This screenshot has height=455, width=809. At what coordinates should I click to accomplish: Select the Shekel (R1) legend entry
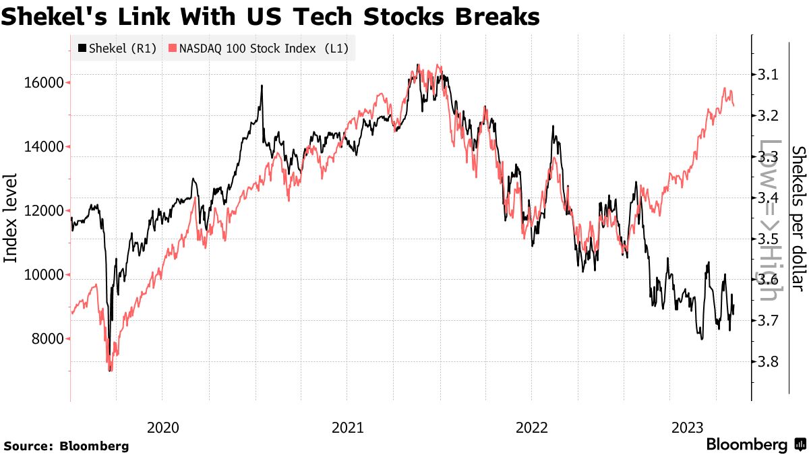tap(116, 48)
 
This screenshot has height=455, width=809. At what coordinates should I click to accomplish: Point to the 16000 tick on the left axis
tap(44, 83)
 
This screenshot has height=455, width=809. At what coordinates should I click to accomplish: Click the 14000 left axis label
tap(44, 147)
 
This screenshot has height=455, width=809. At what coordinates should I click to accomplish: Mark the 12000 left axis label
tap(44, 211)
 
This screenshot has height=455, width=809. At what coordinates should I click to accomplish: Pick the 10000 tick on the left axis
tap(44, 275)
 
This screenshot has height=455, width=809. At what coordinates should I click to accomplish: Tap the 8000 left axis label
tap(48, 339)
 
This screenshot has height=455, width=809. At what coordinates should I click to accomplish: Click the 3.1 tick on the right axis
tap(768, 74)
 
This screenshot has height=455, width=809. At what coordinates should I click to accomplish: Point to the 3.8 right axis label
tap(768, 362)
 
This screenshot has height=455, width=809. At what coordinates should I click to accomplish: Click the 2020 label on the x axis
tap(162, 427)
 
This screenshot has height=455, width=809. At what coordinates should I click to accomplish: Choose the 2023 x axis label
tap(689, 427)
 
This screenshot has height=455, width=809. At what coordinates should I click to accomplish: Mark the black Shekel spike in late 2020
tap(262, 86)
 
